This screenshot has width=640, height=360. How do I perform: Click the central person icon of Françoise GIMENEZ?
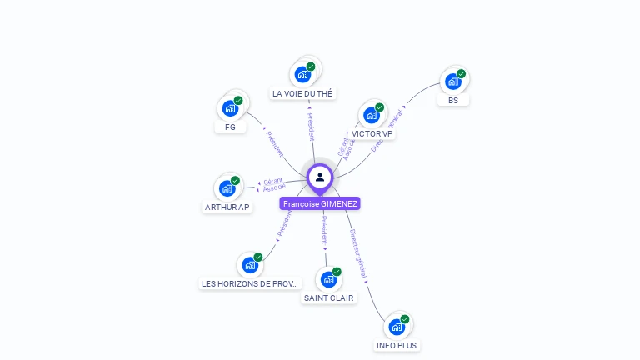[x=320, y=177]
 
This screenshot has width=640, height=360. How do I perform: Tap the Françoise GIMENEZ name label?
[x=321, y=203]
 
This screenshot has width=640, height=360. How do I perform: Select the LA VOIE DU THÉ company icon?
[x=302, y=74]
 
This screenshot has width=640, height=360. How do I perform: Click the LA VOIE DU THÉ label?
[x=302, y=94]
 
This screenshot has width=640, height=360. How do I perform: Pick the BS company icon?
[x=452, y=82]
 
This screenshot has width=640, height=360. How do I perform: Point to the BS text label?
[x=453, y=100]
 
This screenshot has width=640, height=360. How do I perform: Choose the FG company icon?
[x=230, y=108]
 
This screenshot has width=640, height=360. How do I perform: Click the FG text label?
[x=230, y=127]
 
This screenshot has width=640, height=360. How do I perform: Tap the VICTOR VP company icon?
[x=372, y=115]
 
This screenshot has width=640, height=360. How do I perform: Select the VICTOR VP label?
[x=372, y=133]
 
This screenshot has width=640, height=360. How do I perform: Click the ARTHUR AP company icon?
[x=227, y=188]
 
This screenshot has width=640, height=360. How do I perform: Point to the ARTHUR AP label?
[x=227, y=207]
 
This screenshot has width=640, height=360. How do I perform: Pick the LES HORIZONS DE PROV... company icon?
[x=250, y=265]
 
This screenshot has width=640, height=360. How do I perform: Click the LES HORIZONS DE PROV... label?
[x=250, y=284]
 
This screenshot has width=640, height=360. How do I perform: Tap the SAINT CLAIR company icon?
[x=328, y=279]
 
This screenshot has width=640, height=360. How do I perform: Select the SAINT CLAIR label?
[x=328, y=297]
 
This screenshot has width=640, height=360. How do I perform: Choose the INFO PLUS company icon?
[x=397, y=327]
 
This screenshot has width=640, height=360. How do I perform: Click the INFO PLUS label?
[x=397, y=345]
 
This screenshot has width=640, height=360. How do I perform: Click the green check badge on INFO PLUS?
[x=405, y=319]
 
